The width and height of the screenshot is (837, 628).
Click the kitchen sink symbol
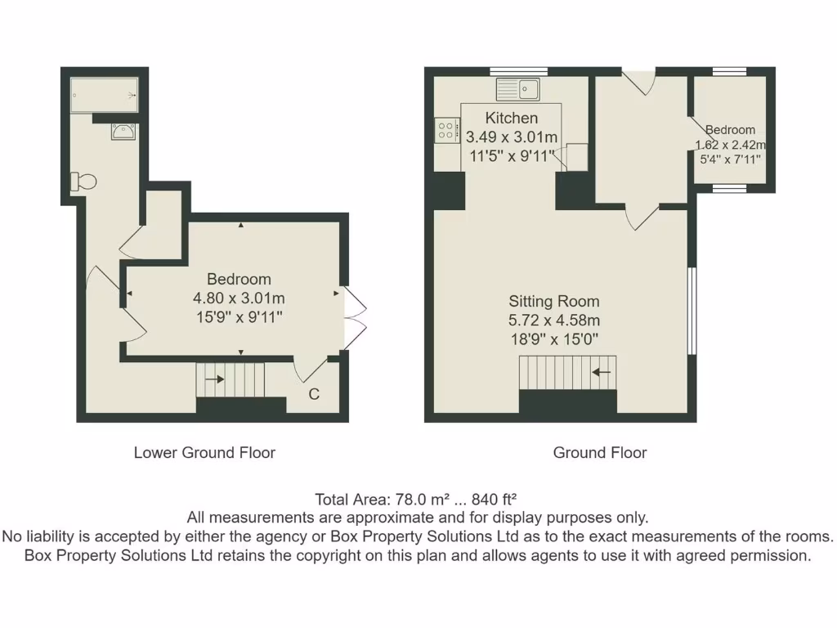coord(516,87)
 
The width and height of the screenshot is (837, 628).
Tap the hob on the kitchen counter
coord(446,131)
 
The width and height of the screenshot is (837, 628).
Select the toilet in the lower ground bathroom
coord(83,182)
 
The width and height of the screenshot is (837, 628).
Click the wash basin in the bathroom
coord(125,132)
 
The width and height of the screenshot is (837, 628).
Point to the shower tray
coord(105,95)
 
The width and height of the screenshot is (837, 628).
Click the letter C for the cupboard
coord(313,395)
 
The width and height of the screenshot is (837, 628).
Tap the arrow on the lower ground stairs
coord(215,379)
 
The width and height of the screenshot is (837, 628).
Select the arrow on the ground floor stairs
coord(602,373)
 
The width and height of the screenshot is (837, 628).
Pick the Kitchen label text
coord(512,119)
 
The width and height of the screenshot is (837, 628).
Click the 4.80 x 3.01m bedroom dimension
coord(239,298)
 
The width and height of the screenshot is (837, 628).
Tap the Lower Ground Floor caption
coord(204,452)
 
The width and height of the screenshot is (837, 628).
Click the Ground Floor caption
coord(600,452)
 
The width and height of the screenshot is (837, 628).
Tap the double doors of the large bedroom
coord(354,314)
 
